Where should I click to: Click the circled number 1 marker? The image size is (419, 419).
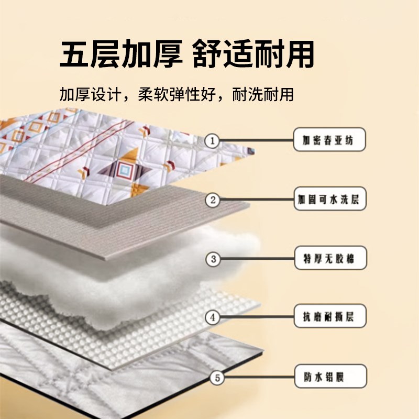(213, 140)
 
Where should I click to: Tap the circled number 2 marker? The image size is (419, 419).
(213, 200)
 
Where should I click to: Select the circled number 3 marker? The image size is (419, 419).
(213, 259)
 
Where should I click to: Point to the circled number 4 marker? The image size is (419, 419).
(213, 317)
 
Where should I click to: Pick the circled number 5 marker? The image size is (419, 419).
(217, 378)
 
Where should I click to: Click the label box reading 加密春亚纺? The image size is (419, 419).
(329, 139)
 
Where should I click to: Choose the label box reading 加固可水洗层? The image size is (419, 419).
(330, 199)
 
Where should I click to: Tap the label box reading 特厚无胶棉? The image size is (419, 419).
(330, 258)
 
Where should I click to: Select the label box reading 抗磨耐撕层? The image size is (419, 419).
(330, 316)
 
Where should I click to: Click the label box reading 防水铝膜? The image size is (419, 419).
(330, 376)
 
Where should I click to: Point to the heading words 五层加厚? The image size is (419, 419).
(121, 53)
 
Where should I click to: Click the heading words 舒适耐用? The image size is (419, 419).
(253, 53)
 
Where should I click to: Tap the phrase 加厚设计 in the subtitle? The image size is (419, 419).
(90, 94)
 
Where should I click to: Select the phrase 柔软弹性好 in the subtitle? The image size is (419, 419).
(177, 94)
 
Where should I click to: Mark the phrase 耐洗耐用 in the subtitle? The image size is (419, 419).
(263, 94)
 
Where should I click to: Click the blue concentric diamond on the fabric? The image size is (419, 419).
(124, 169)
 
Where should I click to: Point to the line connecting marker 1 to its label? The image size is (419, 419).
(257, 140)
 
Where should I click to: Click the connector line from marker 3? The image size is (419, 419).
(258, 258)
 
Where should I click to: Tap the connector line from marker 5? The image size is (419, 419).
(259, 377)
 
